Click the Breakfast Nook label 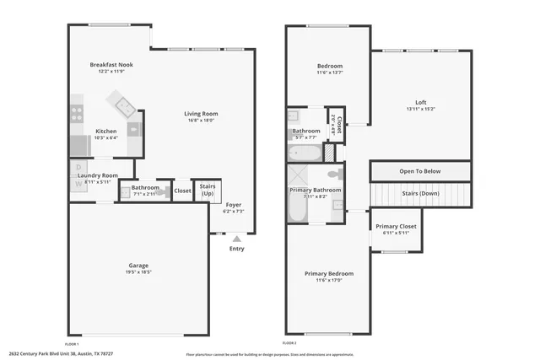tap(111, 65)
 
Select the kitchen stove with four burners tap(77, 113)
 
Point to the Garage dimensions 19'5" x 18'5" tap(139, 272)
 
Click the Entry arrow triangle tap(236, 239)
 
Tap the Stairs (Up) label tap(207, 191)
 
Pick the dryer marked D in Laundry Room tap(78, 168)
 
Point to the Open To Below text tap(419, 171)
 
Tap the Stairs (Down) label tap(419, 193)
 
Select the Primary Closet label tap(396, 226)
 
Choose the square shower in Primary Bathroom tap(299, 175)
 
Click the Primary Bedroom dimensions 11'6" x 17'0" tap(328, 281)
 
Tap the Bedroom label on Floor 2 tap(329, 66)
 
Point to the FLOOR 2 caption tap(289, 344)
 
